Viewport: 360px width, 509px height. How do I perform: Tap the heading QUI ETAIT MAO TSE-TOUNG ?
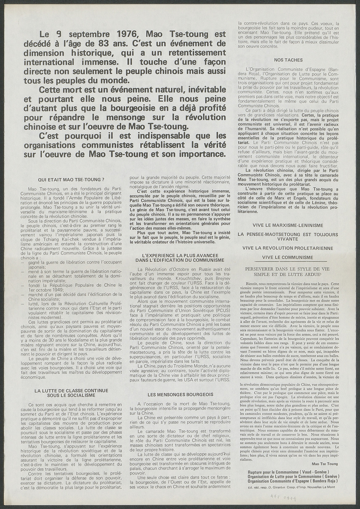(x=71, y=179)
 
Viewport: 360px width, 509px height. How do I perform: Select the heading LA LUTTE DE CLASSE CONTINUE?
(x=71, y=390)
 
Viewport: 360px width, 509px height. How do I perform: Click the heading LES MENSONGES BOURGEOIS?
(x=181, y=394)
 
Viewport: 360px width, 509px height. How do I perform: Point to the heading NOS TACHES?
(x=288, y=60)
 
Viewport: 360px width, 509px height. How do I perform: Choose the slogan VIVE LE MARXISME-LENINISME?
(x=288, y=225)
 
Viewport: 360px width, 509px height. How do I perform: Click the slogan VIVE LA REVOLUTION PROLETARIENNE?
(x=288, y=248)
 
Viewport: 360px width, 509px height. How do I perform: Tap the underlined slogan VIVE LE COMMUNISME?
(x=288, y=257)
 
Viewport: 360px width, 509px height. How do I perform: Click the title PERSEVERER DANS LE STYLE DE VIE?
(x=288, y=268)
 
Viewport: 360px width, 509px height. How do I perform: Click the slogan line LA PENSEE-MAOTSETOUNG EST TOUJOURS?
(x=288, y=233)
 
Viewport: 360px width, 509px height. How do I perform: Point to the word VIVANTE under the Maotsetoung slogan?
(x=288, y=238)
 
